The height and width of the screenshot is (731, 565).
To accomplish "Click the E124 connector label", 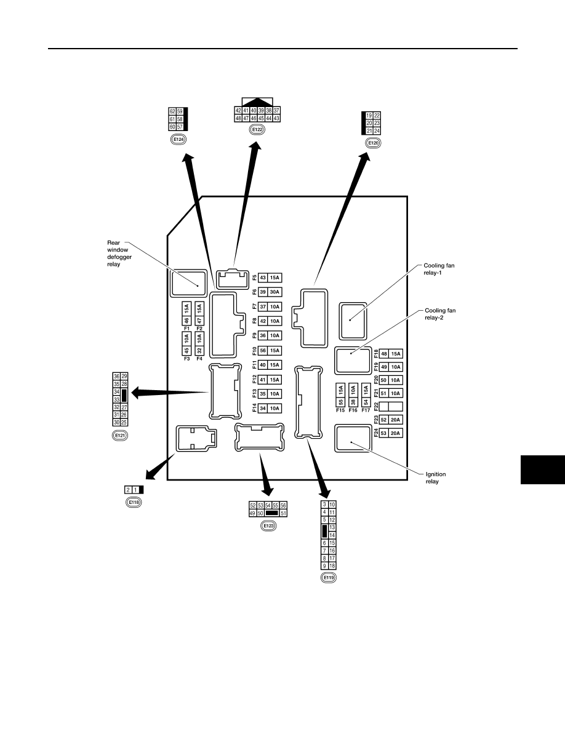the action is pyautogui.click(x=178, y=140).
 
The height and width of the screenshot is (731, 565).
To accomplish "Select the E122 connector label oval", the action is pyautogui.click(x=257, y=130).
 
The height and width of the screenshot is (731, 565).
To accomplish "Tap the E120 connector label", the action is pyautogui.click(x=374, y=143).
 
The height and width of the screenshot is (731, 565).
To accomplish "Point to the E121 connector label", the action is pyautogui.click(x=120, y=436).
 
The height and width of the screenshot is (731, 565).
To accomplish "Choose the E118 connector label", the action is pyautogui.click(x=134, y=502).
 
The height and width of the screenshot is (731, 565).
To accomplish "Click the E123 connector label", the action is pyautogui.click(x=268, y=526).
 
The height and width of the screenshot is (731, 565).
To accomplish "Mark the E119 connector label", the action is pyautogui.click(x=329, y=578).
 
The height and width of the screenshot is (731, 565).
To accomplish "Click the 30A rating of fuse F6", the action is pyautogui.click(x=274, y=292).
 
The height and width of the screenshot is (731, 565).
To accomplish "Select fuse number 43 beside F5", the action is pyautogui.click(x=263, y=278).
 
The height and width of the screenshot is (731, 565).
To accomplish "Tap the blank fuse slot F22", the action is pyautogui.click(x=391, y=407).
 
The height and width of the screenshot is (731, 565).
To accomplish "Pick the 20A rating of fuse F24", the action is pyautogui.click(x=395, y=433).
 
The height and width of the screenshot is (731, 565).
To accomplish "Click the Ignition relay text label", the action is pyautogui.click(x=436, y=478).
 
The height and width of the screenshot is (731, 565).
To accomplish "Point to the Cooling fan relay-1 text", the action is pyautogui.click(x=439, y=269).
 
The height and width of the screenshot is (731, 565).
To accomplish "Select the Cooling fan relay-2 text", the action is pyautogui.click(x=440, y=314).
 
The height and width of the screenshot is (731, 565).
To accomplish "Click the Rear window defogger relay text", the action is pyautogui.click(x=119, y=253).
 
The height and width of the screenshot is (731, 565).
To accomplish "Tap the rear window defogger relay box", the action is pyautogui.click(x=188, y=282).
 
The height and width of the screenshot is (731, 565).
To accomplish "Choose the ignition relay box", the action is pyautogui.click(x=353, y=437).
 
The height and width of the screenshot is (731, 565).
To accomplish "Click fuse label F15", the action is pyautogui.click(x=340, y=410).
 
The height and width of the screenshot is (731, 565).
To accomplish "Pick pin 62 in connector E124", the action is pyautogui.click(x=172, y=111).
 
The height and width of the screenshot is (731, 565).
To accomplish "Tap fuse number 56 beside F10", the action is pyautogui.click(x=263, y=351).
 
